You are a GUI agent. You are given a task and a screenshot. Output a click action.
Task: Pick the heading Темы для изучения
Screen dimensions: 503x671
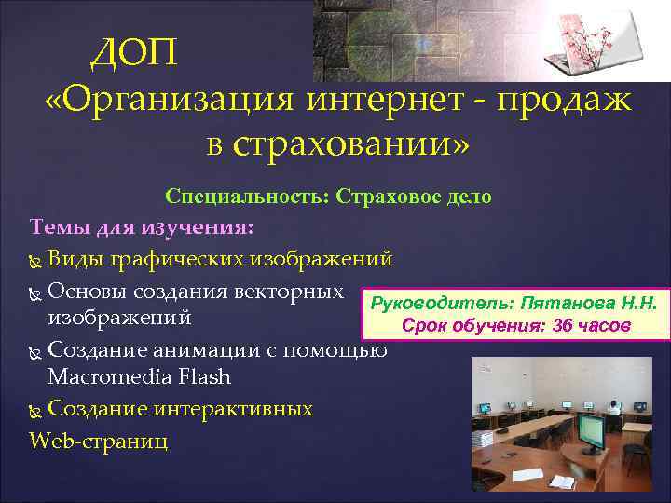click(147, 226)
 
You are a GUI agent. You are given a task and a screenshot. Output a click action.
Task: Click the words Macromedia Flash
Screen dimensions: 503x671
click(139, 378)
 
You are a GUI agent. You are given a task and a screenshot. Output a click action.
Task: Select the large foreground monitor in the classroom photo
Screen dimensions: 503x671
click(591, 429)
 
